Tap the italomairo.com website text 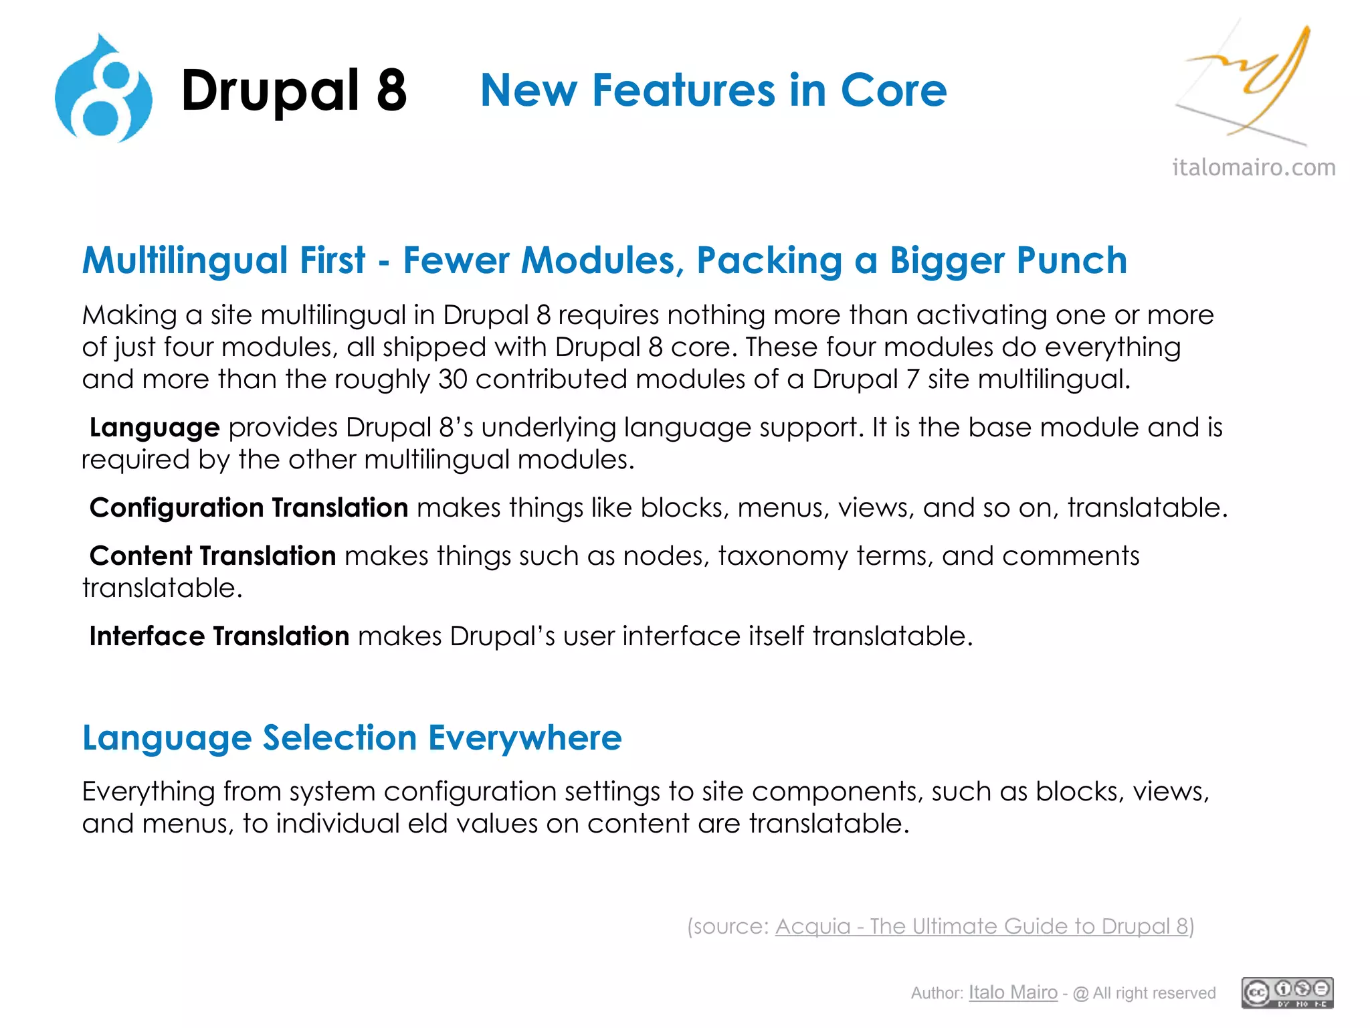pos(1254,167)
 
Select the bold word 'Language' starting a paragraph pos(155,428)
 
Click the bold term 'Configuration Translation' pos(249,508)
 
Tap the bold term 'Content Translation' pos(213,556)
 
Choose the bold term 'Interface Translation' pos(219,636)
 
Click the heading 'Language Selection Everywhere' pos(352,738)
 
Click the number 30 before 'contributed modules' pos(452,379)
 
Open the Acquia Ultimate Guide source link pos(981,926)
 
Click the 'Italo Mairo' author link pos(1013,993)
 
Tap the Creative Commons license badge pos(1287,993)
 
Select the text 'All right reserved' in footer pos(1154,993)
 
